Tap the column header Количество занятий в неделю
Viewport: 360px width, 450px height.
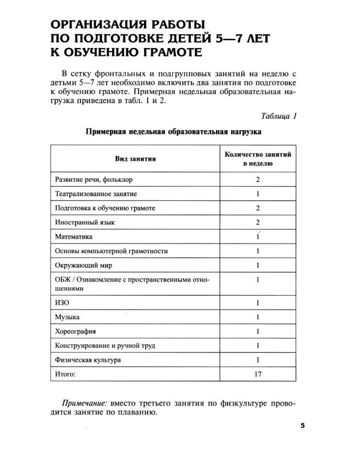tap(257, 158)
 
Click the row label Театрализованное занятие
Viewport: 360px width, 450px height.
tap(96, 194)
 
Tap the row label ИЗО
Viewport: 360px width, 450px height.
tap(62, 303)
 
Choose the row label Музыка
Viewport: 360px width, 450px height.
tap(67, 317)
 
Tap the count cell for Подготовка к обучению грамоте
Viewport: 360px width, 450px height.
tap(257, 208)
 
